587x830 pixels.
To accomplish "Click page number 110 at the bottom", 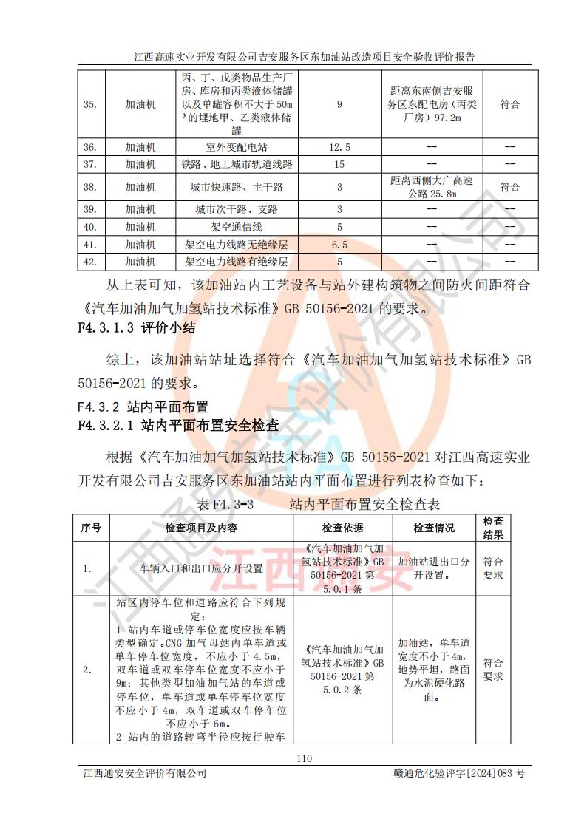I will tap(304, 757).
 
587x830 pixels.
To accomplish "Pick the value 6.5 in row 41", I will tap(339, 244).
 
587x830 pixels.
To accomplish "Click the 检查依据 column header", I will tap(342, 528).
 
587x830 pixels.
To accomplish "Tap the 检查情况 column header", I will tap(434, 528).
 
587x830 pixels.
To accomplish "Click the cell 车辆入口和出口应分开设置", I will tap(202, 569).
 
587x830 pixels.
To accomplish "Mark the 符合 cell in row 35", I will tap(509, 104).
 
